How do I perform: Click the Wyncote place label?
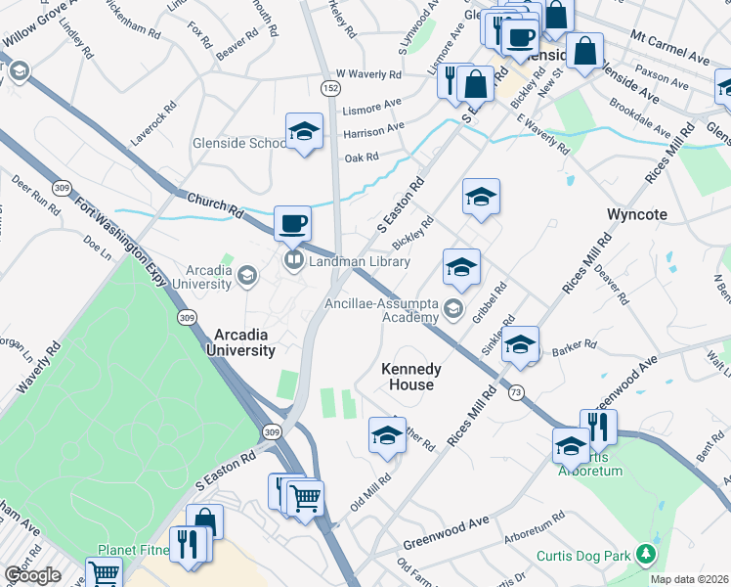(636, 213)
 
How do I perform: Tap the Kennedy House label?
(411, 377)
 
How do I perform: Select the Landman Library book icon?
(292, 260)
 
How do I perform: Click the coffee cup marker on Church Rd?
(292, 223)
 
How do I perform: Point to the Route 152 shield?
(332, 88)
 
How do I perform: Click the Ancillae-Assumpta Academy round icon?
(452, 309)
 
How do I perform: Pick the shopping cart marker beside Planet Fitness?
(104, 573)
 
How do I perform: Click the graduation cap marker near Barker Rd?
(521, 344)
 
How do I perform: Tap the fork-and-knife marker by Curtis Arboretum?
(597, 427)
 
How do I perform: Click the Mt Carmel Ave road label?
(669, 48)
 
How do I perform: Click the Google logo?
(32, 575)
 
